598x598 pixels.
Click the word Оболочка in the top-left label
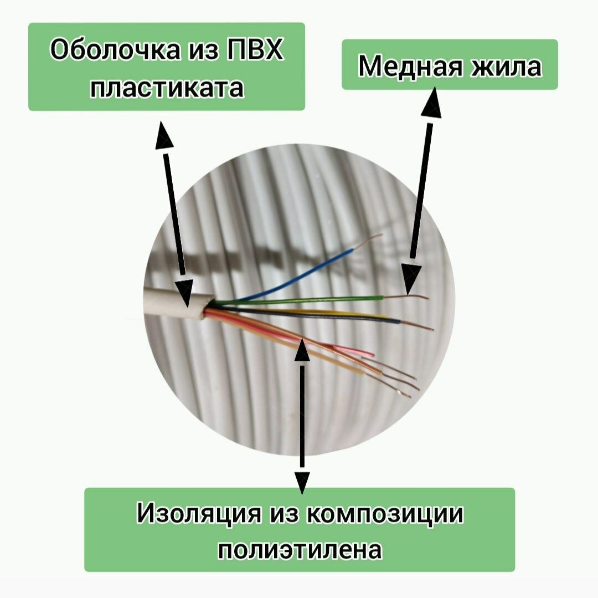coord(114,50)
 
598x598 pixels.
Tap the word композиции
coord(385,514)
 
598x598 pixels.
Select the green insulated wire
coord(310,300)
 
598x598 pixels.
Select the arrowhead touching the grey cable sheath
coord(184,293)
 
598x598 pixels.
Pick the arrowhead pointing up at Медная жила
coord(431,103)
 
